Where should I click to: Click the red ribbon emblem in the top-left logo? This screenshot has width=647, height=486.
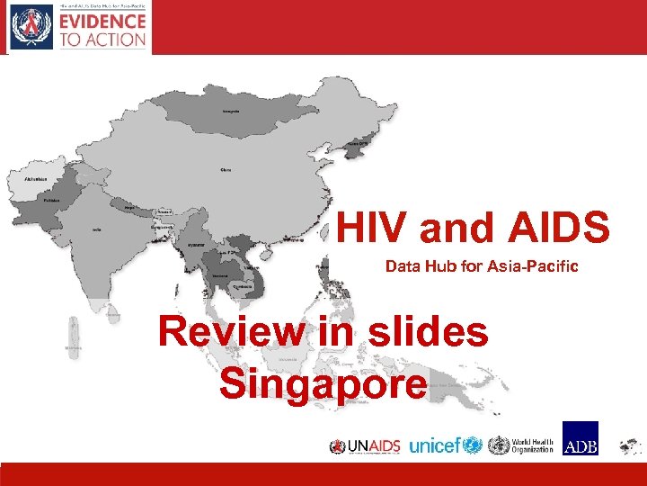tap(31, 27)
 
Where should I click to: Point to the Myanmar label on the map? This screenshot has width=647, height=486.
tap(195, 245)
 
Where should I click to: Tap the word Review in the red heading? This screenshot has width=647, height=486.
tap(232, 332)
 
